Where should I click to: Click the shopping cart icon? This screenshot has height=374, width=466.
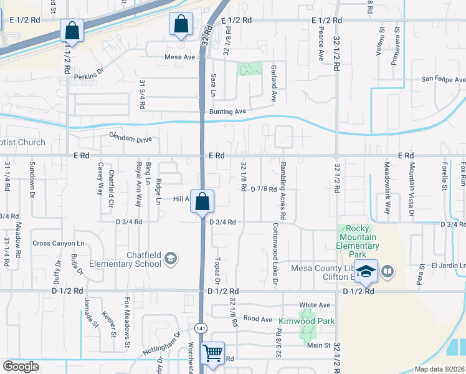tap(213, 353)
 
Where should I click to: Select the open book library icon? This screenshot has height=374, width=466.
tap(388, 271)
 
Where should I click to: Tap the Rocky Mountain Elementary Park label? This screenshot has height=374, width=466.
tap(358, 237)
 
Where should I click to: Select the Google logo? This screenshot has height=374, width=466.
tap(21, 367)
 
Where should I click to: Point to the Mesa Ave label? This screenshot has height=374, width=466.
tap(180, 57)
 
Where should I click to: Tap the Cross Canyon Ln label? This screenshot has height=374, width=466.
tap(58, 243)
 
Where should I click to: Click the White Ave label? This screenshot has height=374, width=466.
tap(315, 305)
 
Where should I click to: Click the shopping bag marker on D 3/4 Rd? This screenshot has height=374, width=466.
tap(202, 202)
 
